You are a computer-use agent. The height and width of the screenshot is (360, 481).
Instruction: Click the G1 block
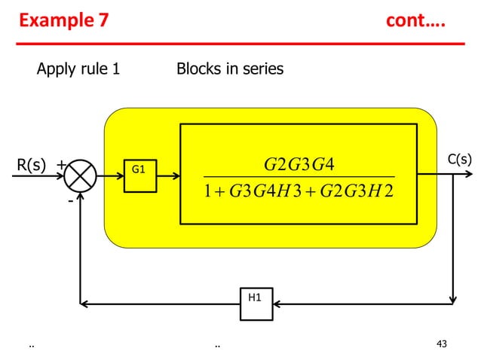tap(139, 172)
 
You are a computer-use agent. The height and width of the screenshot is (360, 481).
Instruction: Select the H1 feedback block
tap(256, 299)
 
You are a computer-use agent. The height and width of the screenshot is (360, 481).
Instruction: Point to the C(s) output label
tap(460, 160)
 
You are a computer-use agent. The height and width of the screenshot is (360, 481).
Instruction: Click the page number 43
tap(442, 344)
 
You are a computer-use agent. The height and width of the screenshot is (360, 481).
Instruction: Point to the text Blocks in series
tap(230, 70)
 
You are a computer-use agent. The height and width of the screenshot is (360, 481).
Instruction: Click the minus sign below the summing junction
tap(70, 202)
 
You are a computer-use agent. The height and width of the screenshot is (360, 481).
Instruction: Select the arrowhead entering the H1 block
tap(276, 304)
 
